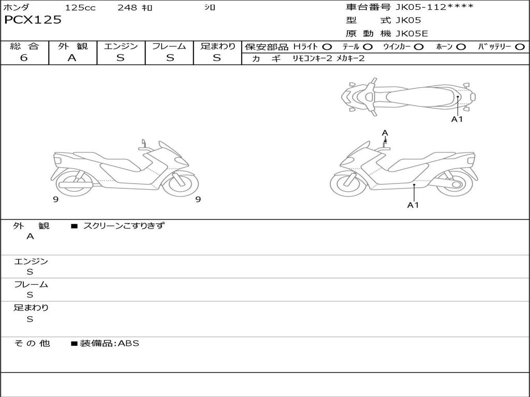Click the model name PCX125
[x=33, y=20]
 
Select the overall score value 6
[x=24, y=58]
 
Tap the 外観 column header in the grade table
[x=72, y=46]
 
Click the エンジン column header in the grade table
[x=121, y=46]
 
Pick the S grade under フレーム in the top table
[x=169, y=58]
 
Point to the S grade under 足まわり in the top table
[x=217, y=58]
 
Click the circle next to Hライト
[x=327, y=47]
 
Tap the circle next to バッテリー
[x=520, y=47]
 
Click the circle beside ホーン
[x=461, y=47]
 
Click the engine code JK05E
[x=411, y=34]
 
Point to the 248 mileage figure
[x=127, y=8]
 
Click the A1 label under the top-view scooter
[x=457, y=119]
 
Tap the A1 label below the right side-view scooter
[x=413, y=205]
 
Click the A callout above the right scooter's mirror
[x=385, y=133]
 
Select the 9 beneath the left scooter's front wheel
[x=198, y=200]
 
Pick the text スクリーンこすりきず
[x=124, y=225]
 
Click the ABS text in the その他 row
[x=129, y=343]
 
